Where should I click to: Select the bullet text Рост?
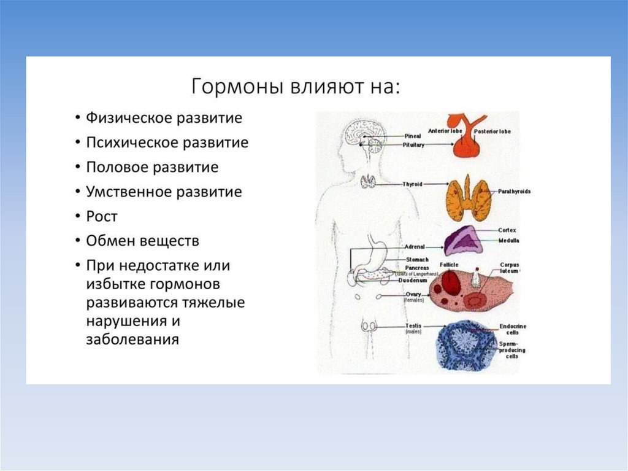pos(101,217)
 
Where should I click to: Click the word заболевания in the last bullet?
pos(132,339)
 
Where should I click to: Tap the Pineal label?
pos(412,136)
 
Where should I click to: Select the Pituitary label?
pos(413,144)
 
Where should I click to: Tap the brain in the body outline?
pos(363,133)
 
